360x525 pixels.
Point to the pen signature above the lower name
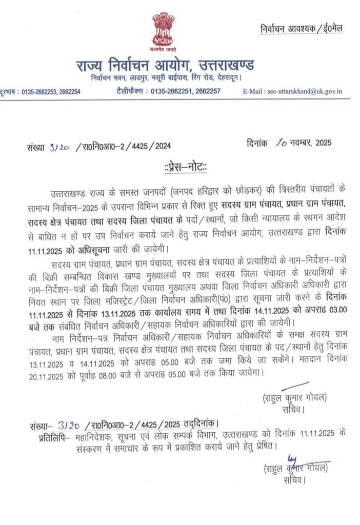pos(295,460)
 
